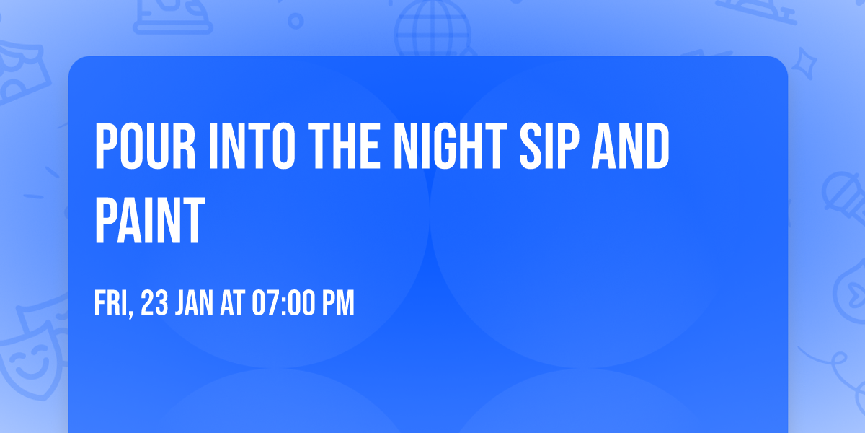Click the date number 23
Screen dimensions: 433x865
click(155, 304)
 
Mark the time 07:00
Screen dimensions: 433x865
click(283, 304)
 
